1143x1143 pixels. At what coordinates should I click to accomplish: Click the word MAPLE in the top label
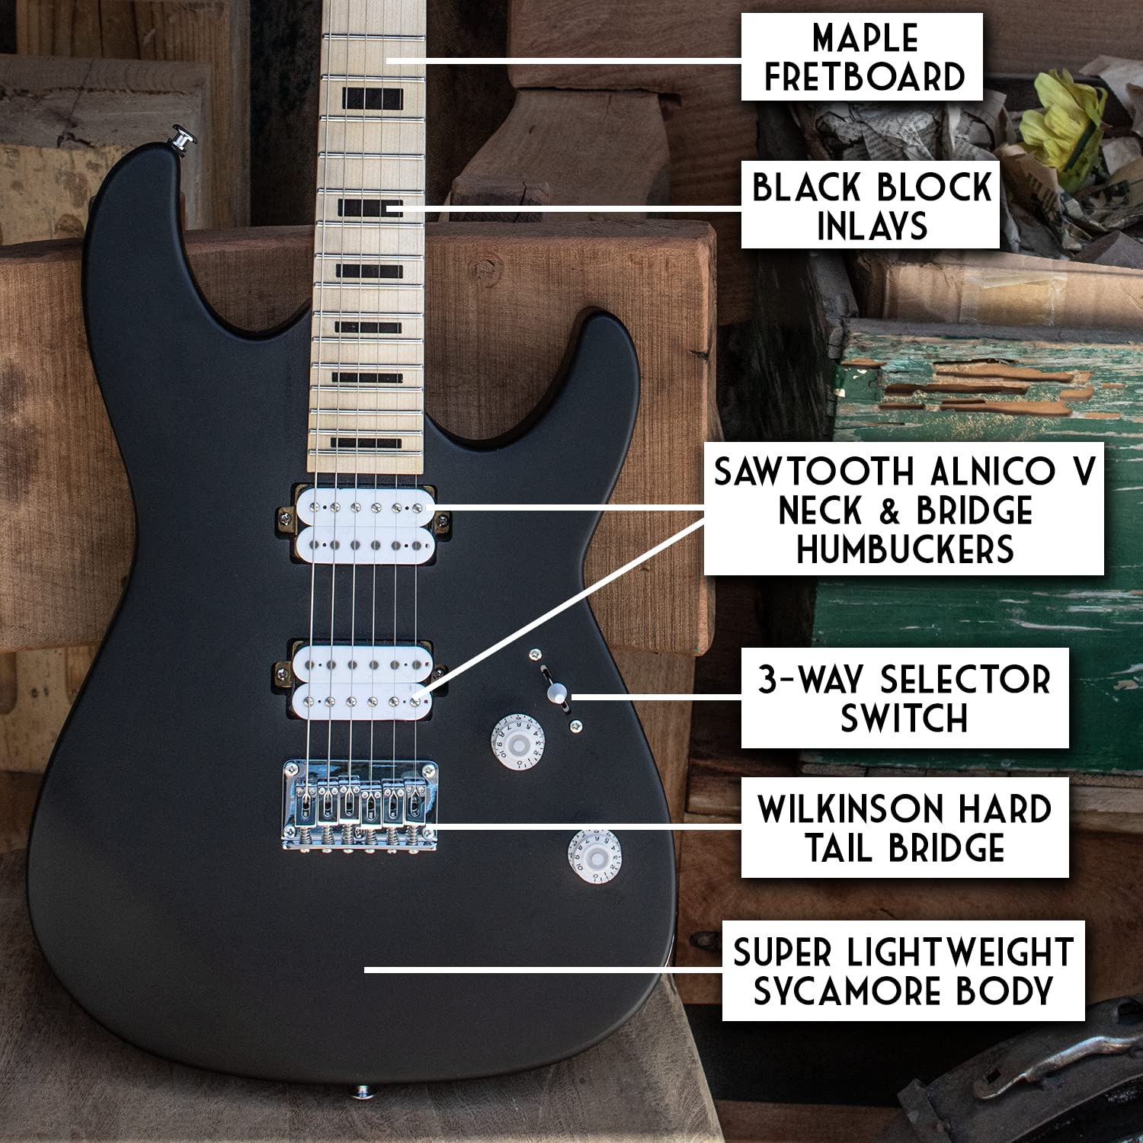[865, 38]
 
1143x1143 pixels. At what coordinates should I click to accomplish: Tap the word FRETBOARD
[865, 77]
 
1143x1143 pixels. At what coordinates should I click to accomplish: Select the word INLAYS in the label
[872, 226]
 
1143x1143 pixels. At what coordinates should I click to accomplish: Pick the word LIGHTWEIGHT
[960, 952]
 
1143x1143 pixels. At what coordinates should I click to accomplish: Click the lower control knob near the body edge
[594, 858]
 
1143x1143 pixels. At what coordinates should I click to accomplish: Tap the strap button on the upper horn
[183, 139]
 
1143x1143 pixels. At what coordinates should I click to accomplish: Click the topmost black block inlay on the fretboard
[372, 99]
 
